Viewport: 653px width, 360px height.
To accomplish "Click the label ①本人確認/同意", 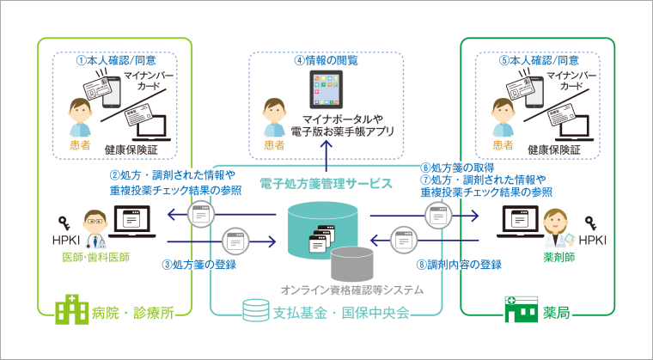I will [116, 62].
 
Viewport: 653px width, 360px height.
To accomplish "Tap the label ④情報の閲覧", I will [326, 61].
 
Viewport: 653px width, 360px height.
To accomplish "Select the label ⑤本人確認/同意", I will [539, 62].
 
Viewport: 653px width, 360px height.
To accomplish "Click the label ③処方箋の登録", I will [199, 265].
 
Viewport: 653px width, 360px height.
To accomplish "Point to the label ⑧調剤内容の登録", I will [459, 265].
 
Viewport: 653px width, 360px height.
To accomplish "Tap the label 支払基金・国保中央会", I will [344, 309].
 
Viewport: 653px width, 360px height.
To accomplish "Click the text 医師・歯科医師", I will [95, 257].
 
